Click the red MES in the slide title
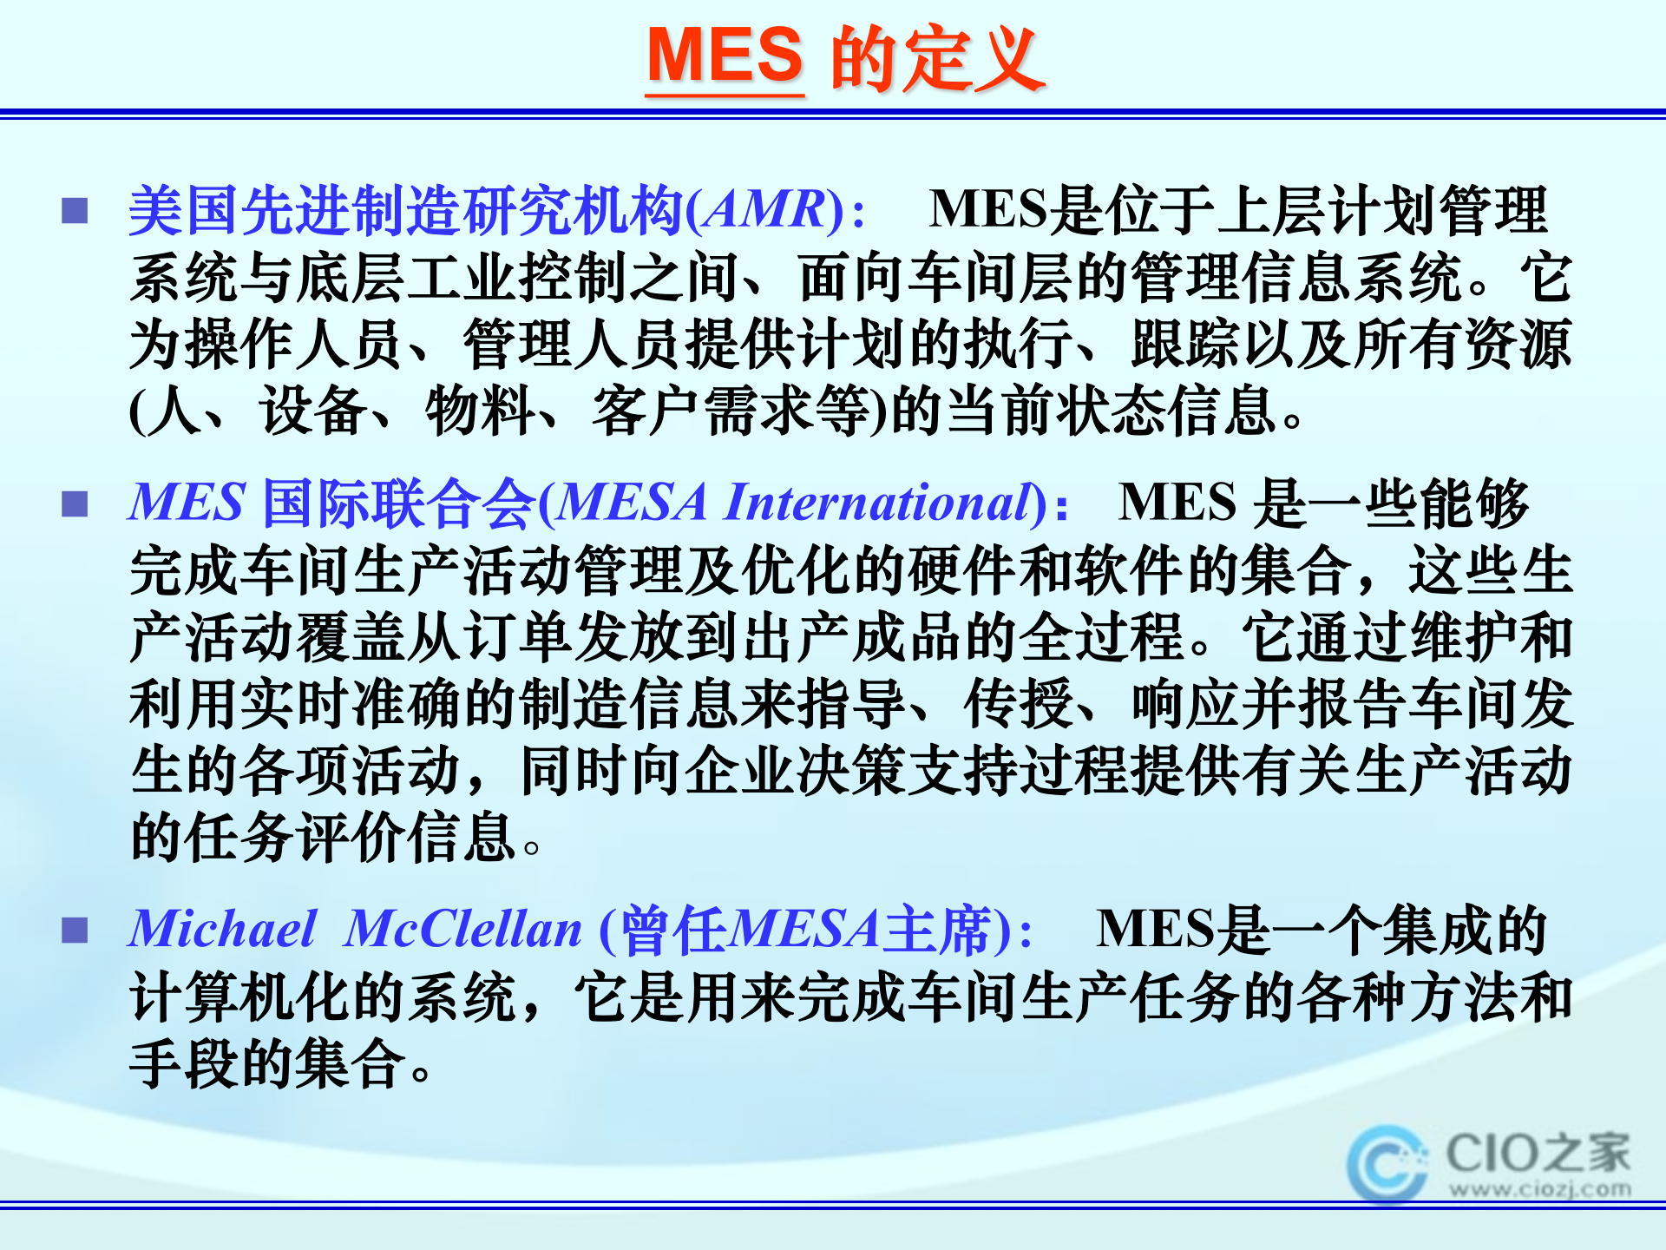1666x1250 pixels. pyautogui.click(x=725, y=56)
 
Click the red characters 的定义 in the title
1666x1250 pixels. pyautogui.click(x=937, y=58)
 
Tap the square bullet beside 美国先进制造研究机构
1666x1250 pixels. pyautogui.click(x=75, y=211)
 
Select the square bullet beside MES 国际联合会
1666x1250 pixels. pyautogui.click(x=75, y=503)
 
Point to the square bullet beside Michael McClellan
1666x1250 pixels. pyautogui.click(x=75, y=930)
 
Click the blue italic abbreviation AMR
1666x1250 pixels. pyautogui.click(x=764, y=210)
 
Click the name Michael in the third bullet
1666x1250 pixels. pyautogui.click(x=222, y=929)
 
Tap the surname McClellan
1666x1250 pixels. pyautogui.click(x=462, y=929)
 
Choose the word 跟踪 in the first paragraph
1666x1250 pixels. pyautogui.click(x=1185, y=345)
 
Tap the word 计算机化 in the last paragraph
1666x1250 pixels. pyautogui.click(x=241, y=997)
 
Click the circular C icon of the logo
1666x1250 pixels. pyautogui.click(x=1385, y=1164)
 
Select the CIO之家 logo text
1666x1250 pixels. pyautogui.click(x=1538, y=1154)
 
